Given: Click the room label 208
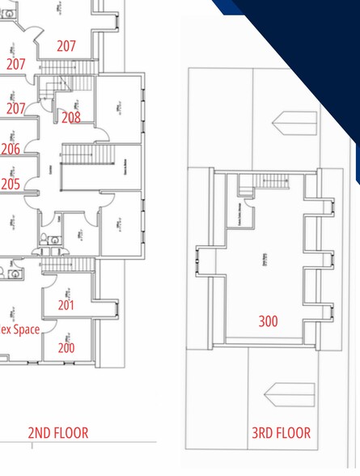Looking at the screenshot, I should coord(71,117).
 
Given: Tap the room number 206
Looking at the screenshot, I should coord(10,149).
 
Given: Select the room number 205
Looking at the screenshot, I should coord(10,184).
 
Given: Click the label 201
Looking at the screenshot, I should coord(66,305).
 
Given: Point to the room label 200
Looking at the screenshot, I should coord(66,348).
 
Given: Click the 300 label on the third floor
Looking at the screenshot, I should coord(268,321).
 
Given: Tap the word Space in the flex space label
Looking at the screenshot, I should coord(25,329).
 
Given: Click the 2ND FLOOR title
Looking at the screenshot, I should coord(58,433).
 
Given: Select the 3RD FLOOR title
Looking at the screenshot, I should coord(281,433).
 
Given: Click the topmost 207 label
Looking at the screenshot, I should coord(66,46).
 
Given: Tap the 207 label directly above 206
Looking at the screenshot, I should coord(15,108).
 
